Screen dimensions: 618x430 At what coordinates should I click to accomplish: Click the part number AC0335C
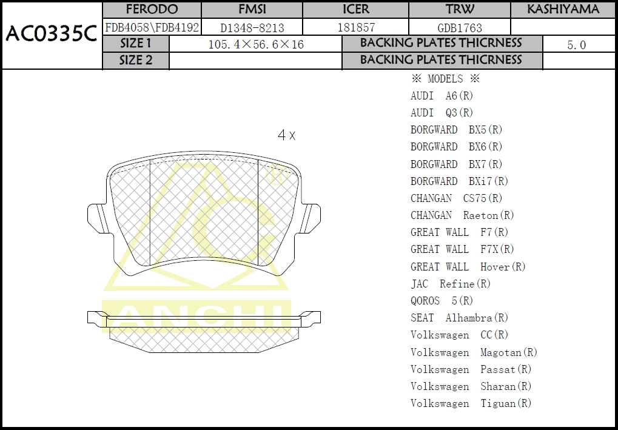[51, 35]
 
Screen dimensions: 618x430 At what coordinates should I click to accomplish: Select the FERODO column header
[152, 10]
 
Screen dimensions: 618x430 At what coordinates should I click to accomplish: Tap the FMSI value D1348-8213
[252, 28]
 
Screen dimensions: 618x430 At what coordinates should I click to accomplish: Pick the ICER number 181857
[356, 27]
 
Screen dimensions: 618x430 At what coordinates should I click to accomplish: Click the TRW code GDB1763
[460, 28]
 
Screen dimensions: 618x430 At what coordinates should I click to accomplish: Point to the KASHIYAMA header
[563, 10]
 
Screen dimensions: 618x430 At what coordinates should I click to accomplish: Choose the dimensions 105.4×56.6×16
[256, 44]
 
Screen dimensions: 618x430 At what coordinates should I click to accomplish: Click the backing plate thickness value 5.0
[576, 45]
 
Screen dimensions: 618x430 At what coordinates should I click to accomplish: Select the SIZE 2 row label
[136, 60]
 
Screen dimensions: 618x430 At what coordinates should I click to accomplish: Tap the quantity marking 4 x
[286, 135]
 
